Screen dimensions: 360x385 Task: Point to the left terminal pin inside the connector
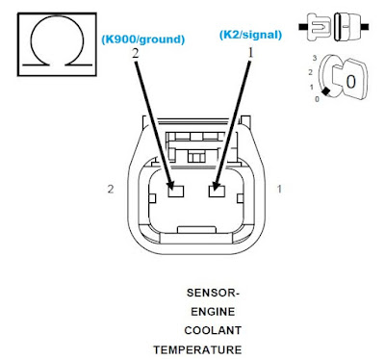pyautogui.click(x=176, y=191)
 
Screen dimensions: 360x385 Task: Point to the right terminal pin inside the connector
pyautogui.click(x=217, y=191)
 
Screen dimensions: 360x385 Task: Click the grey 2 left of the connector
pyautogui.click(x=112, y=191)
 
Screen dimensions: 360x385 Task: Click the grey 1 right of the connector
pyautogui.click(x=279, y=191)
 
